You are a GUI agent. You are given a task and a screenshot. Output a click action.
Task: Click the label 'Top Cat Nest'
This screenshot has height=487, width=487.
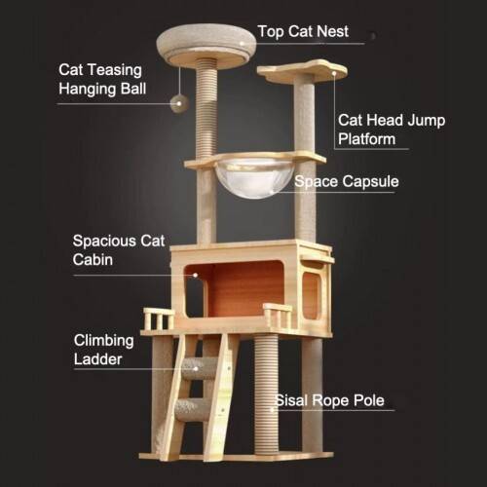click(x=303, y=31)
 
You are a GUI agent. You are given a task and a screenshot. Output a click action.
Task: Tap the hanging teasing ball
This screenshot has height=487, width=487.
click(x=179, y=103)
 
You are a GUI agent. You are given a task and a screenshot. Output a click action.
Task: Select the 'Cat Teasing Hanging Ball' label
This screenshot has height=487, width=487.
click(x=102, y=80)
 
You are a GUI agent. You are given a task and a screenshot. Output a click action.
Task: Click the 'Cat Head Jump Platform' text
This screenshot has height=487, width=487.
click(x=392, y=130)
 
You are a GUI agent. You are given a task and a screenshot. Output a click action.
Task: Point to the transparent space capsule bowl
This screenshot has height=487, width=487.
click(x=255, y=177)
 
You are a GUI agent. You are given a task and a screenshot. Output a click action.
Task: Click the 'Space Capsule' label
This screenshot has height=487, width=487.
click(x=347, y=181)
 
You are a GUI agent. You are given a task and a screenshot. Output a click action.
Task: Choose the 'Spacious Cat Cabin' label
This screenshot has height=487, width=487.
click(x=119, y=250)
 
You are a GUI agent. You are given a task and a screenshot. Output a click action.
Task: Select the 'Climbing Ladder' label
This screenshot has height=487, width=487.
click(x=103, y=350)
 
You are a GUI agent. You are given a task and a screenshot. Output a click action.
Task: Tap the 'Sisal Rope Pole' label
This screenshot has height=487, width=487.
click(x=329, y=400)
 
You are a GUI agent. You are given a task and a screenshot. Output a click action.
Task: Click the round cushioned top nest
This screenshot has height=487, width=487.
click(x=206, y=46)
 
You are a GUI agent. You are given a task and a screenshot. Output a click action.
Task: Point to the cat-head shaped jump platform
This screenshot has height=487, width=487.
click(x=302, y=70)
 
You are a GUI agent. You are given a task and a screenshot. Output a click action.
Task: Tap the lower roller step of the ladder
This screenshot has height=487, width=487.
click(x=192, y=410)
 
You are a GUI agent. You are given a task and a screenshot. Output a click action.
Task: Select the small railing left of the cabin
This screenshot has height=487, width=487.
click(x=159, y=318)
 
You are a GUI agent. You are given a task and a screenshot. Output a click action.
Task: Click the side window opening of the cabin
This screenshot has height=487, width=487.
click(x=311, y=295)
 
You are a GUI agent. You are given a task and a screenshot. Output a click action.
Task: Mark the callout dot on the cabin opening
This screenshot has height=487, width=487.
click(x=195, y=275)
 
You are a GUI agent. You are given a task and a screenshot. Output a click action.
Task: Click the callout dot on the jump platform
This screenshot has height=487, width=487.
click(x=334, y=73)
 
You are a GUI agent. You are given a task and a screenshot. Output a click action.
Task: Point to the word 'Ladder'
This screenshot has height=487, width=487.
click(x=97, y=359)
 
